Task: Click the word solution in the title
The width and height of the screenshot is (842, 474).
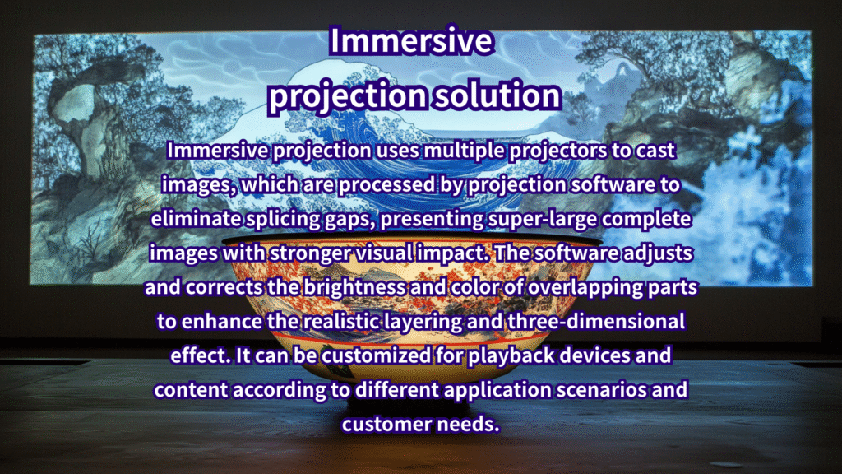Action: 497,95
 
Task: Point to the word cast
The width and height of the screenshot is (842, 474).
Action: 655,151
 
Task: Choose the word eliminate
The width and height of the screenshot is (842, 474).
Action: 196,219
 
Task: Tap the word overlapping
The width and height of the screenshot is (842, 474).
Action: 585,288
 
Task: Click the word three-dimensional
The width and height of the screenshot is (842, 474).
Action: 596,322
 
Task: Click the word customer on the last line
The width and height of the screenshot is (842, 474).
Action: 386,425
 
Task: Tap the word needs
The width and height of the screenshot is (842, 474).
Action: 468,425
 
